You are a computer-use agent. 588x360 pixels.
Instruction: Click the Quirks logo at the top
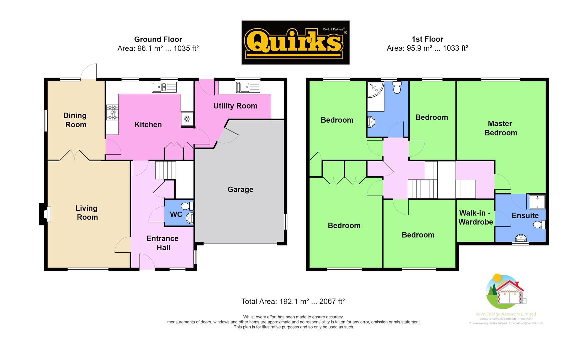[295, 42]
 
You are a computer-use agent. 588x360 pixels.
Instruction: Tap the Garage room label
[240, 190]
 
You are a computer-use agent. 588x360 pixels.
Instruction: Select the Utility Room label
[235, 106]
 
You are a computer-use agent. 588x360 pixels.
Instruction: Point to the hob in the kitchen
[112, 112]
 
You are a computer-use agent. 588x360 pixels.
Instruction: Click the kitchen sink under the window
[164, 87]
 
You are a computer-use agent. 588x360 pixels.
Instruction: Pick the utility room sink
[248, 87]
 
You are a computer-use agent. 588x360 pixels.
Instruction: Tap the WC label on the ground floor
[176, 214]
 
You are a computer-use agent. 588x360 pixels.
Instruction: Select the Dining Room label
[75, 120]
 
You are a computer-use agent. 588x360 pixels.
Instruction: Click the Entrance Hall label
[163, 243]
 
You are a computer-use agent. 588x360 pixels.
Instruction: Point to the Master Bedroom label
[500, 128]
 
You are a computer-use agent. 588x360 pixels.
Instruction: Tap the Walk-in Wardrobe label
[475, 218]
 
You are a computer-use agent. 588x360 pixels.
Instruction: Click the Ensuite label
[525, 216]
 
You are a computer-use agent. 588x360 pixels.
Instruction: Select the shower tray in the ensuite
[536, 202]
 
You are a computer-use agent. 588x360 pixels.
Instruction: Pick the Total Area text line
[293, 302]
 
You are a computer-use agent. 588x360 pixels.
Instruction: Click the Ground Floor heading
[158, 39]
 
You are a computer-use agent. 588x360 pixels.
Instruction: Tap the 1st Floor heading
[427, 39]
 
